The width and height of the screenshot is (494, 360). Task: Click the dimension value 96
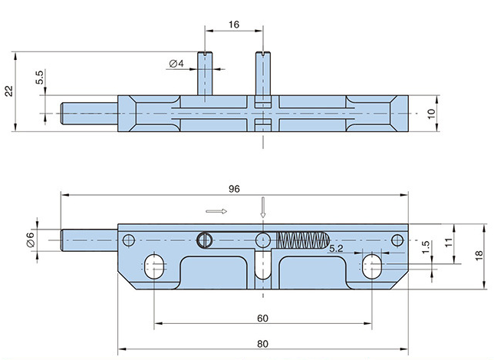[234, 189]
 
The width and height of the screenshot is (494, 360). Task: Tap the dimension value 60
[262, 317]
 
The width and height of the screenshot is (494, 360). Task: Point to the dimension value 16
[234, 25]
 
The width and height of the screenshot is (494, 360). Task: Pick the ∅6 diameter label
[31, 239]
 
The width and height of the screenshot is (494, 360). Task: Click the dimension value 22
[9, 90]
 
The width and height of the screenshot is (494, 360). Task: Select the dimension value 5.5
[39, 78]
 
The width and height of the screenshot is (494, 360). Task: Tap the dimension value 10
[431, 112]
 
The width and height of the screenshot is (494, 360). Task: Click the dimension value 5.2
[336, 249]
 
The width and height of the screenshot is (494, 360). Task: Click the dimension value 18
[477, 255]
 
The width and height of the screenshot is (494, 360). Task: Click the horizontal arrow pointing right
[217, 210]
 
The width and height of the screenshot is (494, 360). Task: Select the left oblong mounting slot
[155, 267]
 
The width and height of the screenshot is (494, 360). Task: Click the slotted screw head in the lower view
[204, 239]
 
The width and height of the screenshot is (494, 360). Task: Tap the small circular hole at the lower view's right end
[397, 239]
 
